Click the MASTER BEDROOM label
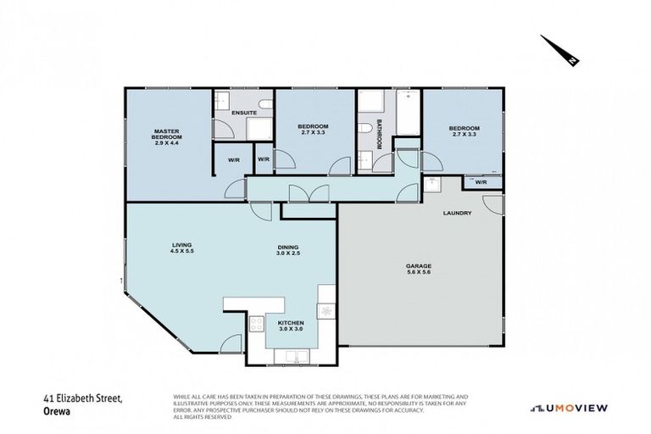169,137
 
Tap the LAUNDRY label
456,214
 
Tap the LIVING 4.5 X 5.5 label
178,250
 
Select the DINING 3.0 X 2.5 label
289,250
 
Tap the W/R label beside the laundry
481,182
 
